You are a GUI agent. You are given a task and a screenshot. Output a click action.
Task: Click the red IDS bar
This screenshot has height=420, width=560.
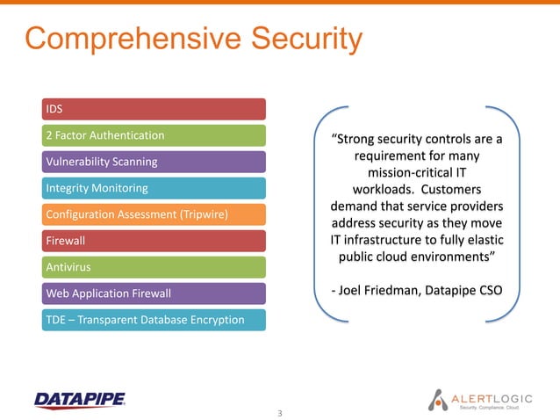click(x=154, y=109)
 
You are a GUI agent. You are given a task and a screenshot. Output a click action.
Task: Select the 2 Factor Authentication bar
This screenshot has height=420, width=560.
click(x=154, y=135)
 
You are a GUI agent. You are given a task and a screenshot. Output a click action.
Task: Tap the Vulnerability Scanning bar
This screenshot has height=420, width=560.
click(x=154, y=162)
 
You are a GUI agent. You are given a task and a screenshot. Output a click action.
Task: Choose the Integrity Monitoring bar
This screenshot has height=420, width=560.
click(x=154, y=188)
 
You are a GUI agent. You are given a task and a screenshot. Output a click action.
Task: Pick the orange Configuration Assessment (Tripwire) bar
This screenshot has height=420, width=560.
click(x=154, y=214)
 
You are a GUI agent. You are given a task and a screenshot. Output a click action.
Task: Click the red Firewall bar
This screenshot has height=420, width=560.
click(x=154, y=240)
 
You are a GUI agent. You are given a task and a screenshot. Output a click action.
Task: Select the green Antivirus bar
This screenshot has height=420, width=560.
click(x=154, y=266)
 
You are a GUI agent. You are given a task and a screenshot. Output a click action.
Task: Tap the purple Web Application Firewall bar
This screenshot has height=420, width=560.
click(x=154, y=293)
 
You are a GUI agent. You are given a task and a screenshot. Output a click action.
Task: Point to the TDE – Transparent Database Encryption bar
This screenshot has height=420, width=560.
click(x=154, y=319)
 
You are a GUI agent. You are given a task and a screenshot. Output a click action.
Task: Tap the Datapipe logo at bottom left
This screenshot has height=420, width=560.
click(x=79, y=400)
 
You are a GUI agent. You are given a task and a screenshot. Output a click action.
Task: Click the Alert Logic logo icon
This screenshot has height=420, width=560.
click(x=438, y=399)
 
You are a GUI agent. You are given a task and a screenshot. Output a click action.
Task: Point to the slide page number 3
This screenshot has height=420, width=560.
click(x=280, y=412)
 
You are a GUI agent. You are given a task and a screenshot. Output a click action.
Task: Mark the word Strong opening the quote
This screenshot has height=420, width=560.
click(x=356, y=139)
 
